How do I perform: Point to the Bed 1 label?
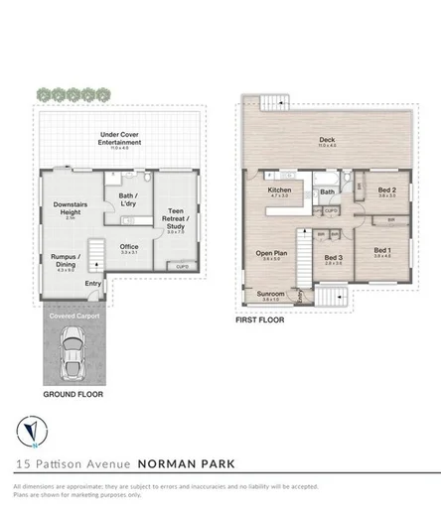[382, 250]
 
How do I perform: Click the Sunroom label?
[271, 295]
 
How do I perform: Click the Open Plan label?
[271, 253]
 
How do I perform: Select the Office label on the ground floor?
[128, 247]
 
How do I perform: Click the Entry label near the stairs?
[92, 284]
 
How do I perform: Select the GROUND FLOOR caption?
[73, 394]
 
